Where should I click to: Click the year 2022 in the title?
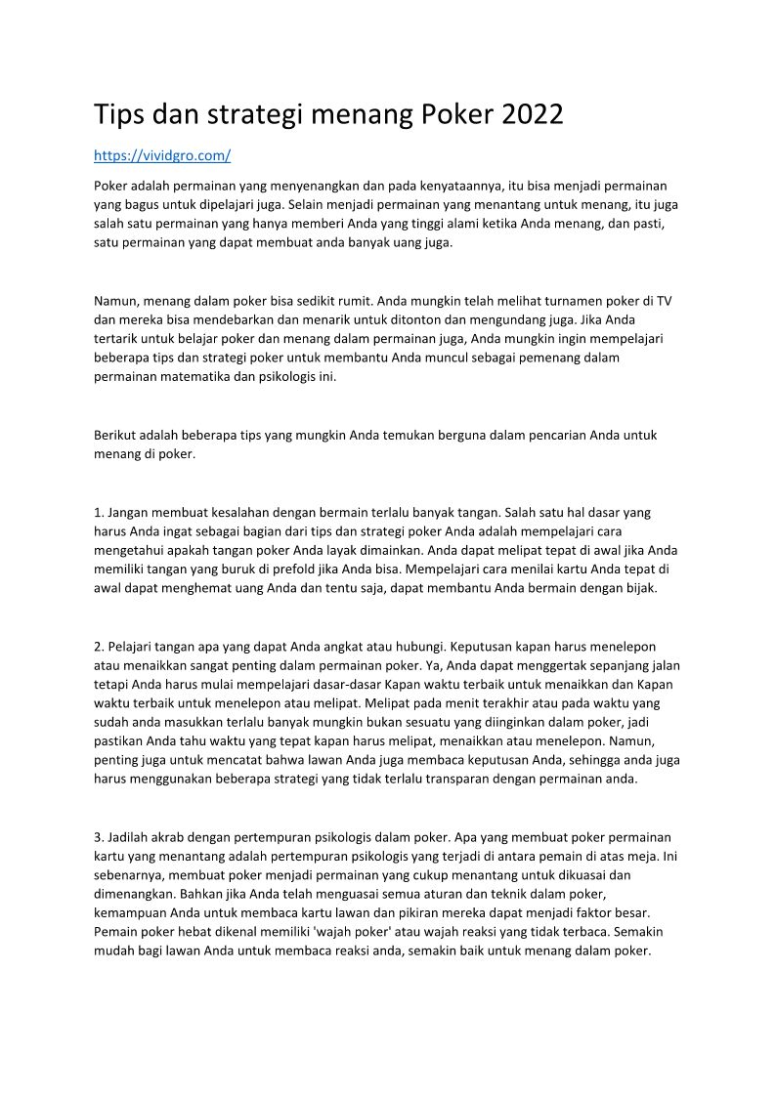coord(532,115)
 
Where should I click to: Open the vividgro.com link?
coord(162,155)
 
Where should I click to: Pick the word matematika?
coord(205,377)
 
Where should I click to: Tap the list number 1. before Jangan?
coord(99,511)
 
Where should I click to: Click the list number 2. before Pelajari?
coord(99,646)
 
